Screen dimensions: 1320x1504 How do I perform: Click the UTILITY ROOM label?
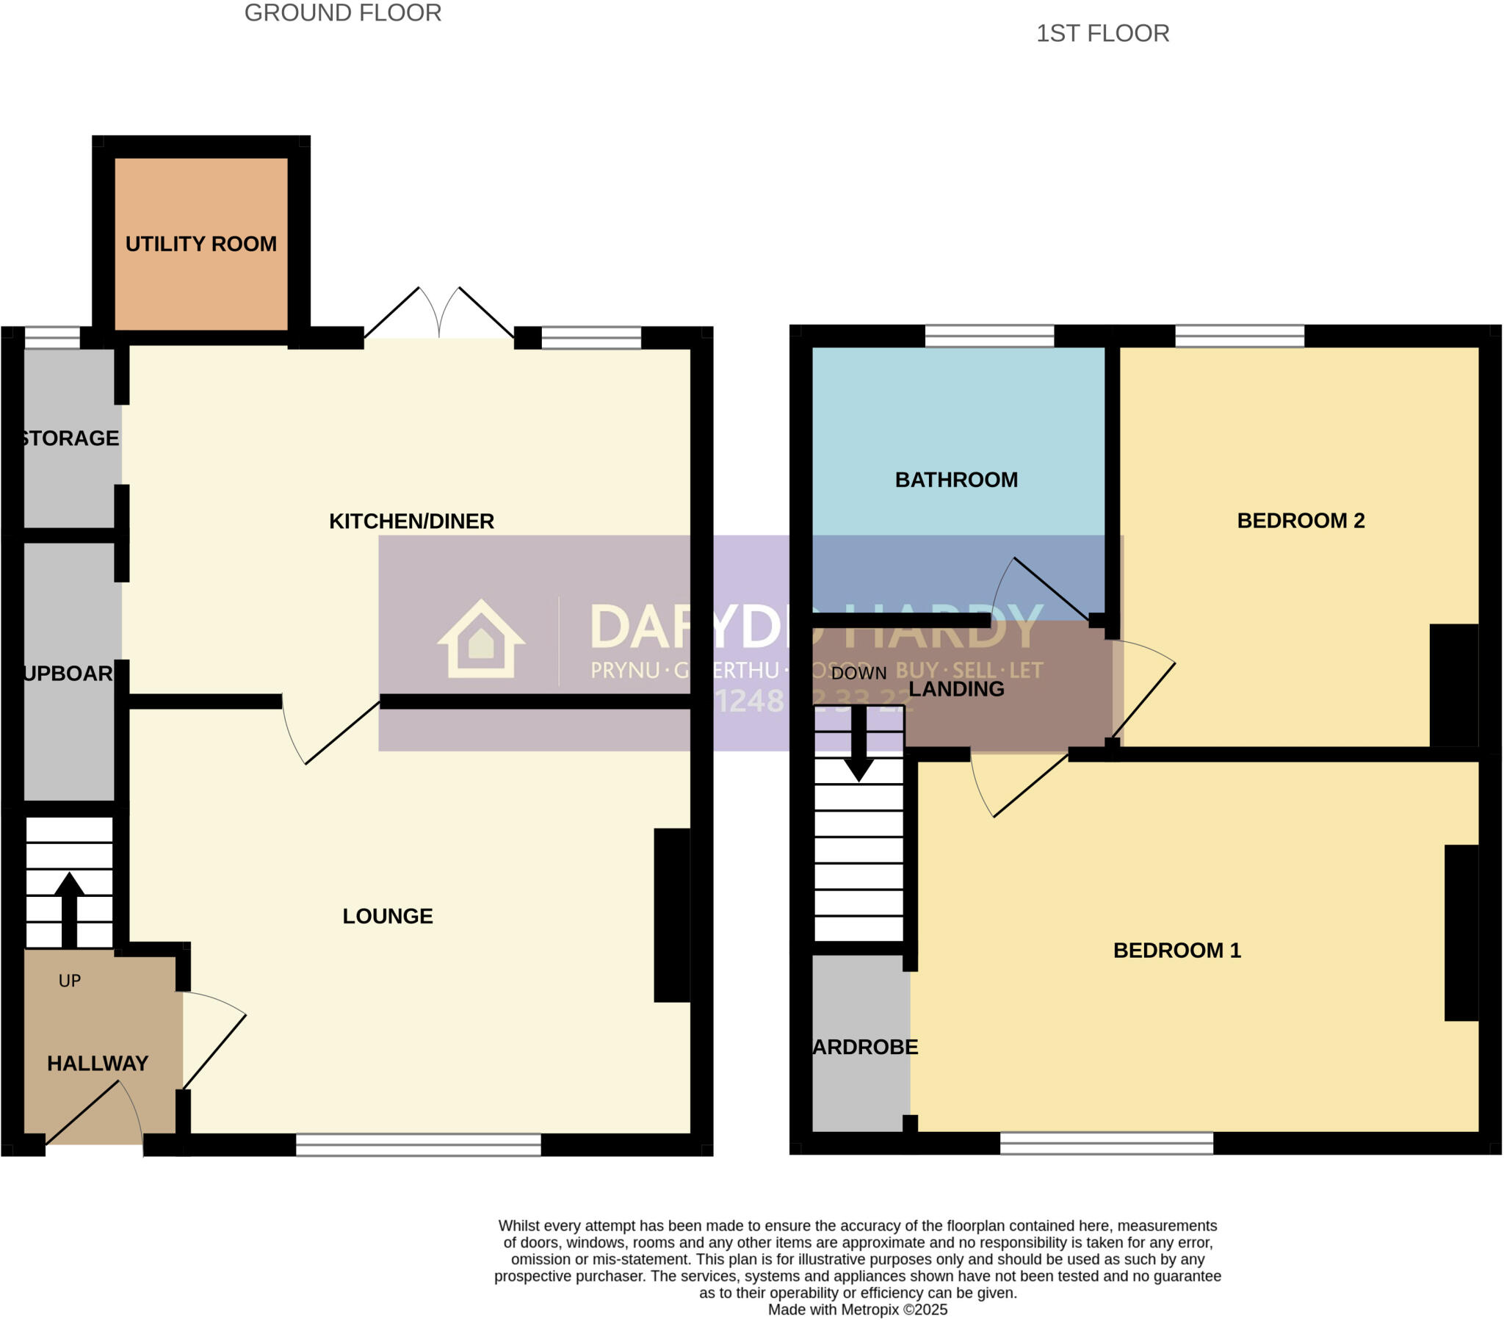(201, 244)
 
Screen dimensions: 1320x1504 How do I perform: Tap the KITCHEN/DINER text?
(411, 522)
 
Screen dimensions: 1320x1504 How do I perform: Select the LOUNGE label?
(388, 916)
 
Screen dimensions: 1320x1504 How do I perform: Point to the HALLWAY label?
(98, 1063)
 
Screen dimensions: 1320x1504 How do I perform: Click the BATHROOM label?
(957, 480)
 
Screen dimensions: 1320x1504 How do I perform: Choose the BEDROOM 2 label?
(1301, 521)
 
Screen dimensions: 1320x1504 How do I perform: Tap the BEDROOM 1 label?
(1177, 951)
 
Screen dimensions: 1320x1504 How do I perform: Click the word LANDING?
(957, 689)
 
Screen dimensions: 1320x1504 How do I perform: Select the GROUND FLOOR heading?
(343, 13)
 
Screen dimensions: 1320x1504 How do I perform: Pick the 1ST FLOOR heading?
(1102, 34)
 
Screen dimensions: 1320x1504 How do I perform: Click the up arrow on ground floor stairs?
(69, 909)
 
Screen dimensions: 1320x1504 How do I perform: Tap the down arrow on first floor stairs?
(858, 743)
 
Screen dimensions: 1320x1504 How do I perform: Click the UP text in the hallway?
(69, 981)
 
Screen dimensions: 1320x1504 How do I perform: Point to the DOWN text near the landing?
(858, 673)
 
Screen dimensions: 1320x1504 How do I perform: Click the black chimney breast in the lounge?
(672, 915)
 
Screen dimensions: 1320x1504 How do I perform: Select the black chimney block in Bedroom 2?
(1453, 685)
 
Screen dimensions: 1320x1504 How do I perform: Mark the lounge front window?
(418, 1144)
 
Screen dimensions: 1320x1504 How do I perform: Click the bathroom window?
(989, 336)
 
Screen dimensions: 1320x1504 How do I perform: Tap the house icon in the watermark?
(481, 639)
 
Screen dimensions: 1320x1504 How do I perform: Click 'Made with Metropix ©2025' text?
(858, 1310)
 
